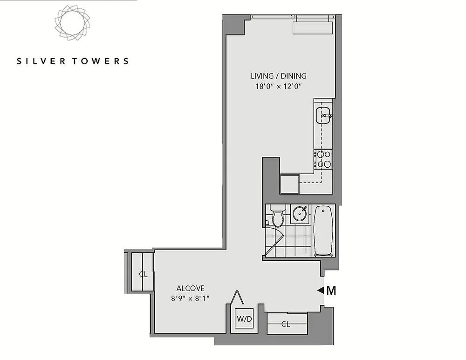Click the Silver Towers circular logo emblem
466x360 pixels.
(x=72, y=22)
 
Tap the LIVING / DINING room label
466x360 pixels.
(x=279, y=76)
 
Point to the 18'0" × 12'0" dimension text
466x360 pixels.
(x=279, y=87)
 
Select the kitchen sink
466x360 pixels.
(x=323, y=115)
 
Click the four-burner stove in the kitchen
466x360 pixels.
(x=323, y=159)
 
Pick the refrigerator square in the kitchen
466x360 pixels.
(x=289, y=183)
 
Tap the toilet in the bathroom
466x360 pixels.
(x=278, y=215)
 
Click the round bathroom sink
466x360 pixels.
(x=300, y=213)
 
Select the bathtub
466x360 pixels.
(x=323, y=230)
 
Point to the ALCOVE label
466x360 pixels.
(x=190, y=288)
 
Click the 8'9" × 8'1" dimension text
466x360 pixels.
(x=190, y=298)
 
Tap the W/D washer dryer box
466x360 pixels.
(x=244, y=319)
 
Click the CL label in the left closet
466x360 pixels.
(x=143, y=274)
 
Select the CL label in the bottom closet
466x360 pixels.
(x=286, y=324)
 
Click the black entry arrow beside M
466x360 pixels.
(x=321, y=290)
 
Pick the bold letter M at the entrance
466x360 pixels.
(x=331, y=291)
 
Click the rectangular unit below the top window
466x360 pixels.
(x=312, y=27)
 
